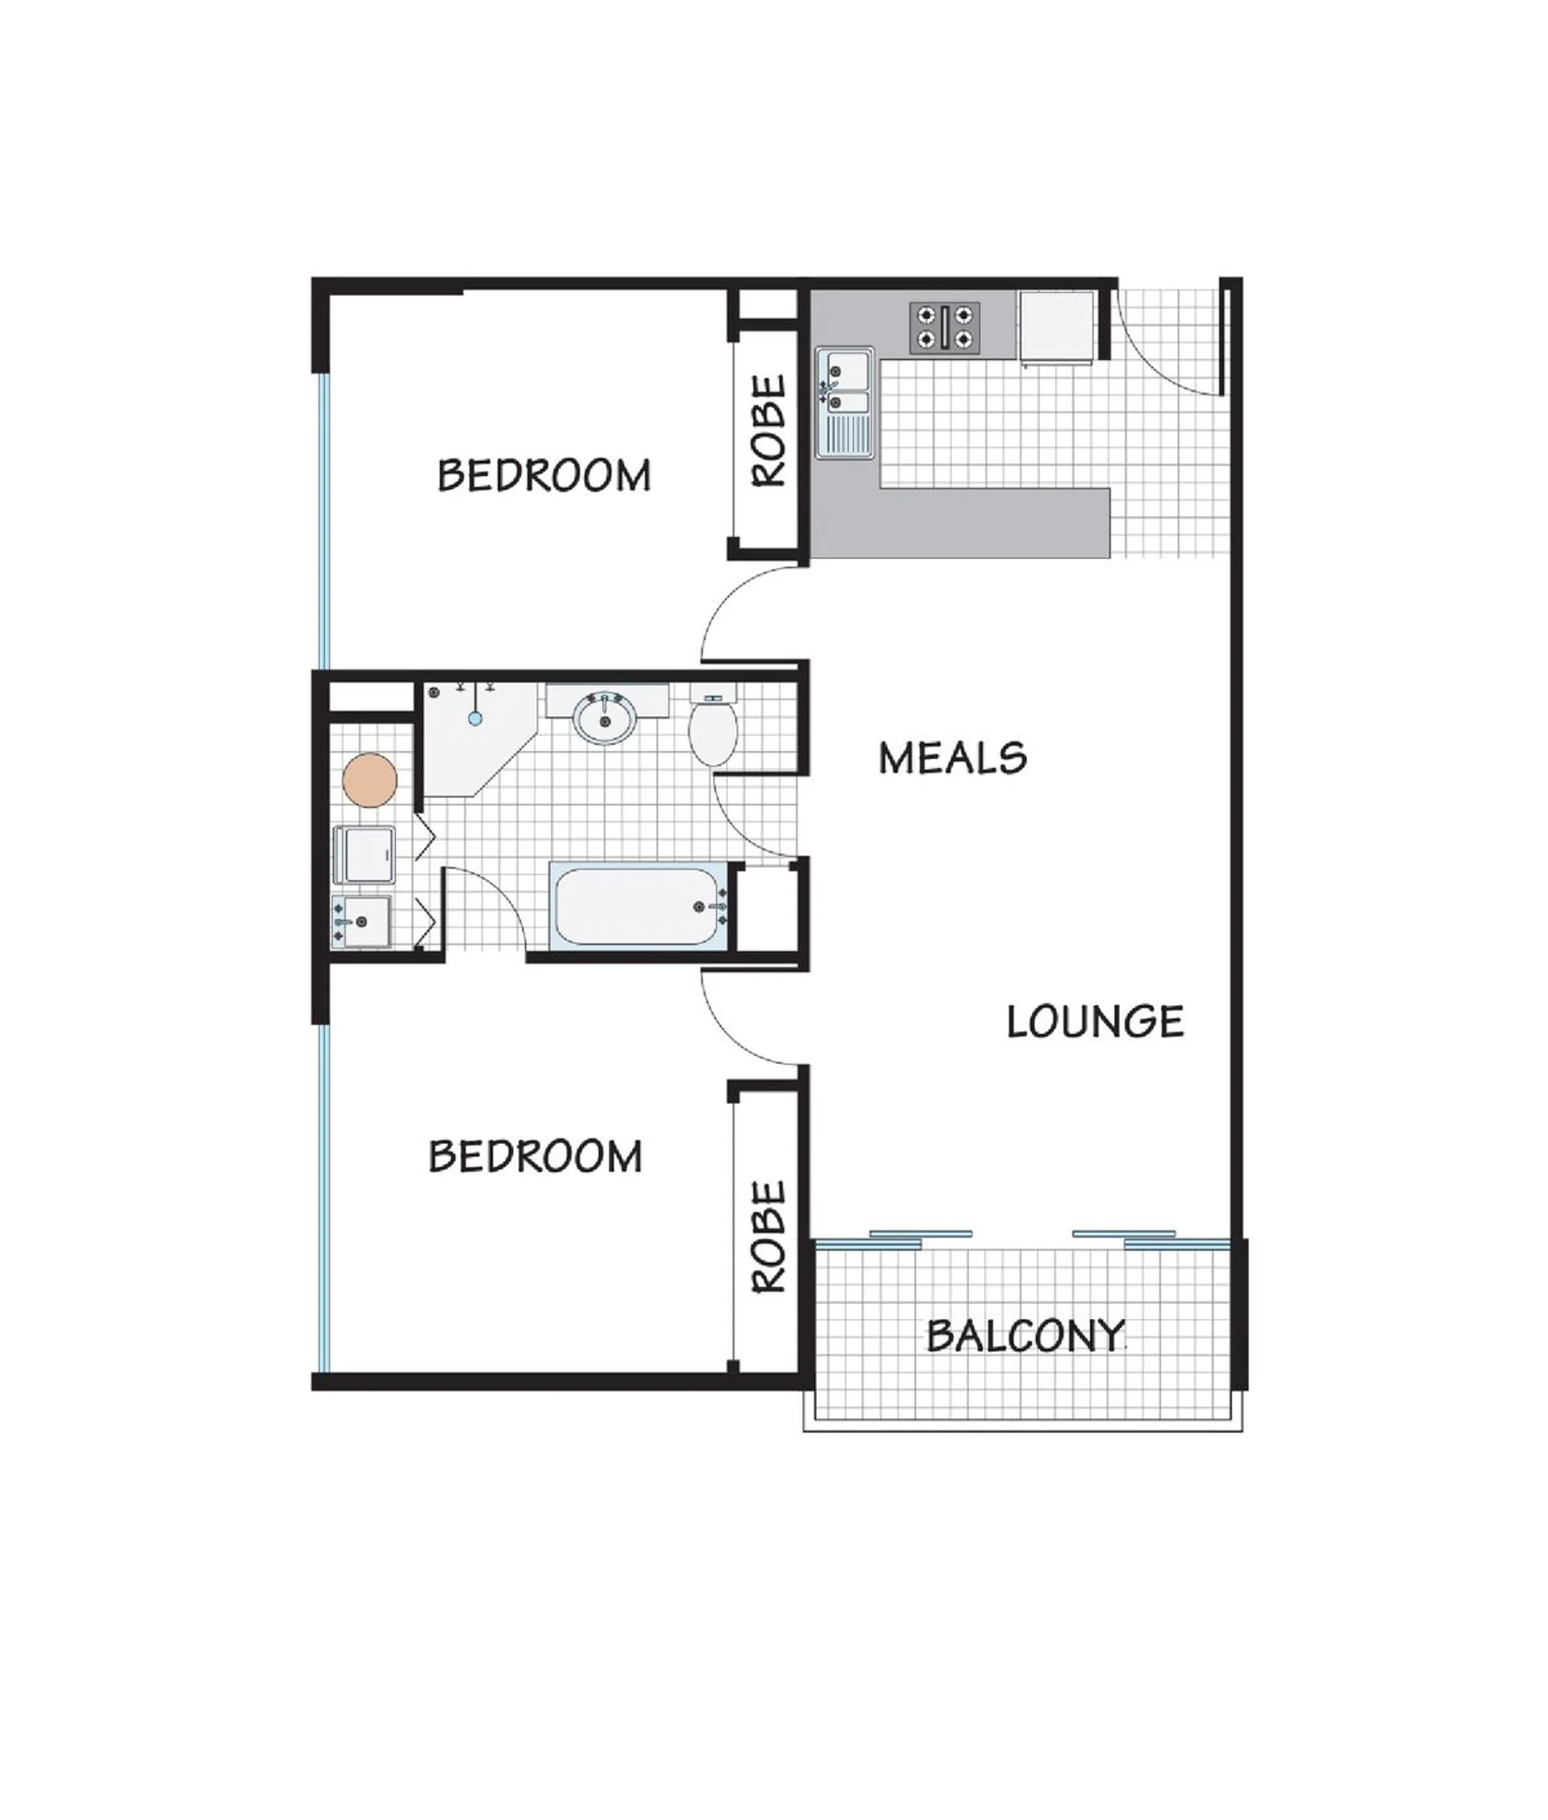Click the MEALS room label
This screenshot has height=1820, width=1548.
tap(952, 758)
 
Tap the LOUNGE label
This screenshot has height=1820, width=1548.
tap(1095, 1022)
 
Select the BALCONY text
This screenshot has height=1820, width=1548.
tap(1026, 1335)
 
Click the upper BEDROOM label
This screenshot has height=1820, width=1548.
tap(544, 475)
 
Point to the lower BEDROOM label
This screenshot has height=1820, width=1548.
tap(535, 1156)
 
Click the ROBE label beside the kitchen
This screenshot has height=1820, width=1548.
tap(770, 431)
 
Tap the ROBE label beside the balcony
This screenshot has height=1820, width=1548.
tap(770, 1237)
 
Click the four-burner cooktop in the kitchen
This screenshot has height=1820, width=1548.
tap(944, 328)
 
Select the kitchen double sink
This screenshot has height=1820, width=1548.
tap(844, 403)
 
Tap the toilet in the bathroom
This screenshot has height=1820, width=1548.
tap(713, 726)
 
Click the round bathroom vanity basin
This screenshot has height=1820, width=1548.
tap(605, 718)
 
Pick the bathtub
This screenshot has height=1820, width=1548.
tap(638, 906)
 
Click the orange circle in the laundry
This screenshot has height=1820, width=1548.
tap(369, 779)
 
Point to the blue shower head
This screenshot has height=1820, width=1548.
tap(475, 718)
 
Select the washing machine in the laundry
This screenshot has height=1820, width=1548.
tap(365, 854)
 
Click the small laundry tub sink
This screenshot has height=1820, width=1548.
tap(361, 921)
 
